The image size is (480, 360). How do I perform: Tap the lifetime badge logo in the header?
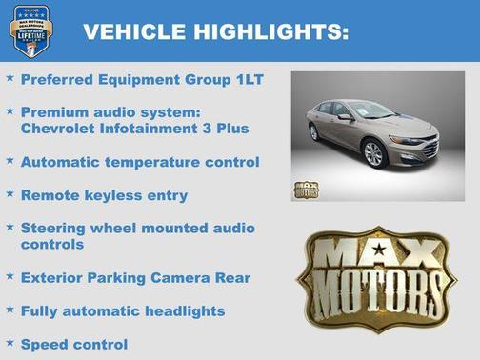pyautogui.click(x=30, y=30)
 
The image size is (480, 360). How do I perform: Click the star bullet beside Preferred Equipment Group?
pyautogui.click(x=10, y=79)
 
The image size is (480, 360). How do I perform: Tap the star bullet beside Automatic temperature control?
pyautogui.click(x=10, y=161)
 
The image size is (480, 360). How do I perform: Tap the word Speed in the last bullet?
pyautogui.click(x=44, y=344)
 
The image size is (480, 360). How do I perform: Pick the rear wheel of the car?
pyautogui.click(x=315, y=132)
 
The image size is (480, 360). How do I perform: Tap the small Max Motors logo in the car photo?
pyautogui.click(x=306, y=189)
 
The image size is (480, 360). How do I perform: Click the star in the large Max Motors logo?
pyautogui.click(x=379, y=250)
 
